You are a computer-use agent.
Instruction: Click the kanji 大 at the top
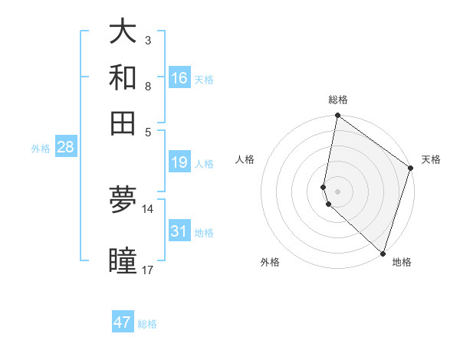123,31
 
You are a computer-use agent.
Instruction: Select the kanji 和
123,77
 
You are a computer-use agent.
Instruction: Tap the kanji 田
123,123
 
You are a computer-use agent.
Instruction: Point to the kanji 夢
123,200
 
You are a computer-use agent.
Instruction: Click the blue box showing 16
179,77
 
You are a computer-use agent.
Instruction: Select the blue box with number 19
179,162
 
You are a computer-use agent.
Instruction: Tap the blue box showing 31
179,231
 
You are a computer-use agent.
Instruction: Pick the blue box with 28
65,147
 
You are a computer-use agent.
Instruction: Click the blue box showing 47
123,322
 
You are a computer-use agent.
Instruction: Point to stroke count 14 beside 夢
147,209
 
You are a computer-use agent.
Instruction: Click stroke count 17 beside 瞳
147,270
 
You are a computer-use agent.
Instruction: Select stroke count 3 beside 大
147,40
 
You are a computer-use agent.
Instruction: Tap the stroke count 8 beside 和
147,86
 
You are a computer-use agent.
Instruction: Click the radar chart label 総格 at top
338,100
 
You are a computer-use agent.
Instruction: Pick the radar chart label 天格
431,159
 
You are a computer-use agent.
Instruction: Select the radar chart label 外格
270,262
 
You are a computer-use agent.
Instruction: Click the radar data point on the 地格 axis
383,253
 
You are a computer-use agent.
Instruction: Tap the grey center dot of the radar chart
338,191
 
